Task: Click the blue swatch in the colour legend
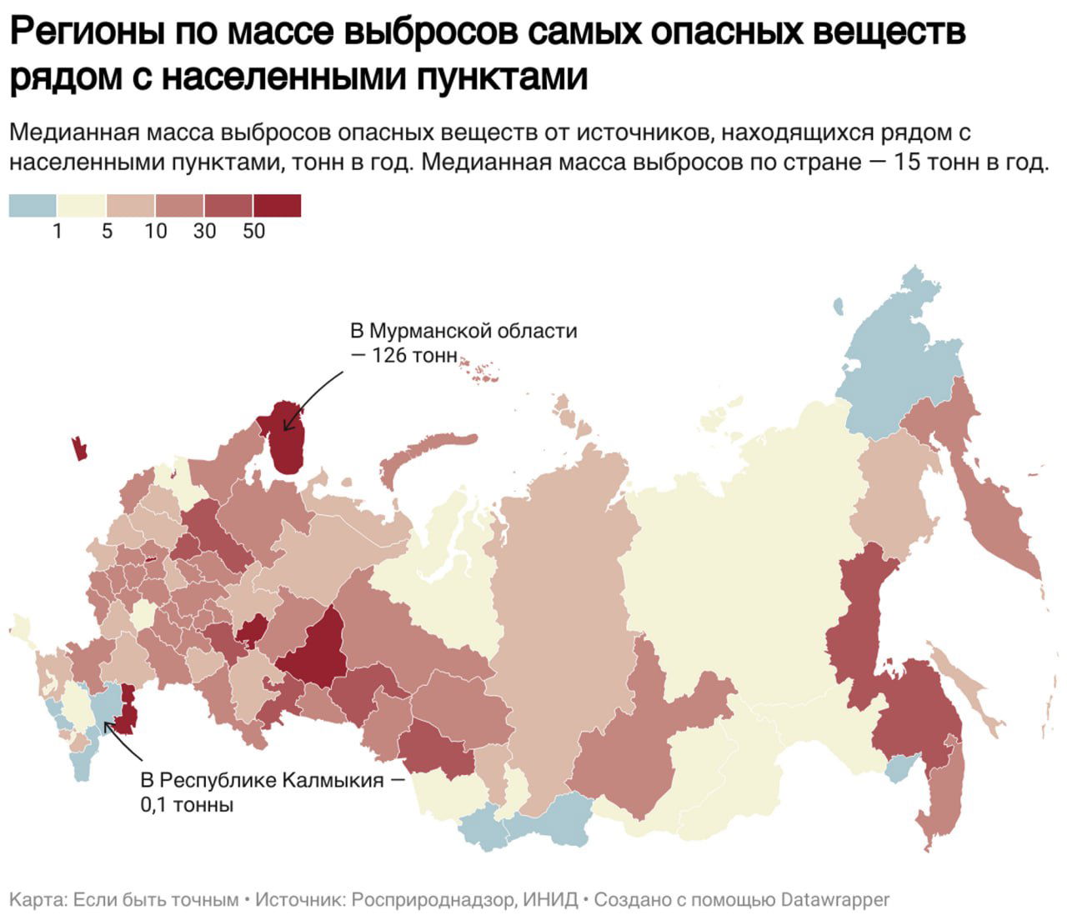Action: click(33, 205)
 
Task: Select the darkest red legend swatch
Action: click(277, 205)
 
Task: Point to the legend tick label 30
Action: click(204, 231)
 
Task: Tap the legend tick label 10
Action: click(156, 231)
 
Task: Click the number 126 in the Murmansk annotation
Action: click(390, 356)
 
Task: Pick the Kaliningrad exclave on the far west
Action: click(80, 448)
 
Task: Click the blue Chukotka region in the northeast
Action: click(896, 358)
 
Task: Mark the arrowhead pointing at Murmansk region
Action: click(287, 427)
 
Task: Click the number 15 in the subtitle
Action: click(907, 162)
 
